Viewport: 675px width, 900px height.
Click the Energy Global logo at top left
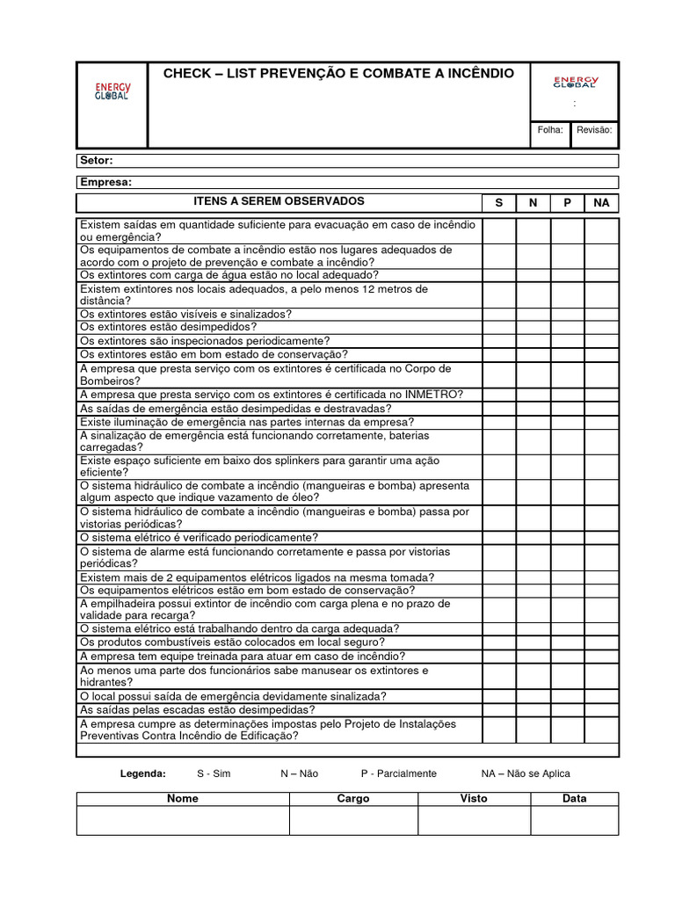pyautogui.click(x=112, y=91)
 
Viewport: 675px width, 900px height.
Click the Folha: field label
pyautogui.click(x=550, y=130)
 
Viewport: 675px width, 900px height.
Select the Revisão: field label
pyautogui.click(x=594, y=130)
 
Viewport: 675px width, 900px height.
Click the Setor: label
pyautogui.click(x=96, y=161)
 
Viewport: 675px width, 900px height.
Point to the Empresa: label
pyautogui.click(x=105, y=182)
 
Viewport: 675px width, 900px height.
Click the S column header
pyautogui.click(x=499, y=203)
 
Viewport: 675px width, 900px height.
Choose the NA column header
pyautogui.click(x=601, y=203)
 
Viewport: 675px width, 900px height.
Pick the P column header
pyautogui.click(x=568, y=203)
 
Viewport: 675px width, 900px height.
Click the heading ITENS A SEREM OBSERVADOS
pyautogui.click(x=279, y=202)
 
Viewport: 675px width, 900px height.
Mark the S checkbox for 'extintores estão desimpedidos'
pyautogui.click(x=499, y=327)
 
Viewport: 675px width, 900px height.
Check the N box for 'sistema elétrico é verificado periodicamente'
pyautogui.click(x=533, y=538)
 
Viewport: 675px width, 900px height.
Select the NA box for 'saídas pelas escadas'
pyautogui.click(x=601, y=710)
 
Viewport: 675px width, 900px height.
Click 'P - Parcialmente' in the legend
pyautogui.click(x=398, y=773)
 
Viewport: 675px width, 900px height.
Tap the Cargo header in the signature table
pyautogui.click(x=353, y=799)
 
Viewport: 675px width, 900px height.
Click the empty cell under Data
pyautogui.click(x=574, y=821)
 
